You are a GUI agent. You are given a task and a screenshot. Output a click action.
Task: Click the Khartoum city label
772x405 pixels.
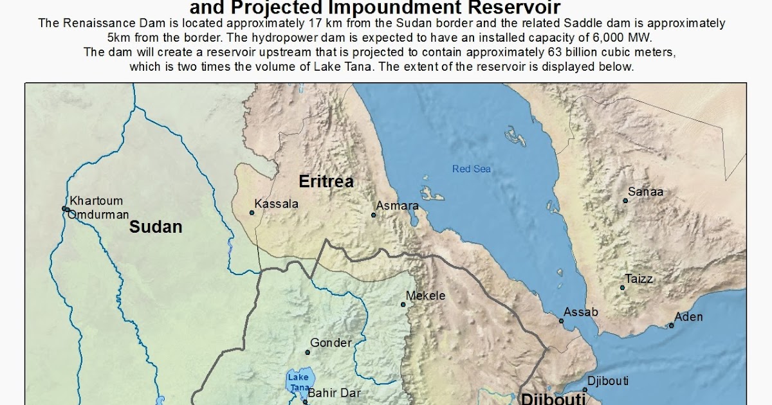[x=96, y=201]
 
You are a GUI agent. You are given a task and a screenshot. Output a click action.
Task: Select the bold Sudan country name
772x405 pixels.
[x=156, y=226]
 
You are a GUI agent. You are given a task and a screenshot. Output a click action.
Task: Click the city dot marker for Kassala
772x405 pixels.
[x=252, y=213]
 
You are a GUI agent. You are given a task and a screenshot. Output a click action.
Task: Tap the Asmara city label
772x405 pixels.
[x=398, y=206]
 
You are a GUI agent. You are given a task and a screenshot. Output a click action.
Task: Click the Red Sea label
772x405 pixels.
[x=472, y=169]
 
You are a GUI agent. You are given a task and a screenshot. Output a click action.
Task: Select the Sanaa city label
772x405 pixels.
[x=645, y=192]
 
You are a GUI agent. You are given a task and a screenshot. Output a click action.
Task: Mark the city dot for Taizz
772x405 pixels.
[x=622, y=287]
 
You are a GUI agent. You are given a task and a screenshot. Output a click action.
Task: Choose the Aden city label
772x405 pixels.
[x=688, y=317]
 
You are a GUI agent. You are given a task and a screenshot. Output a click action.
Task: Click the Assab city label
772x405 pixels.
[x=581, y=312]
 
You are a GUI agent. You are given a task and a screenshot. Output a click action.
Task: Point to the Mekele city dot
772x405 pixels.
[x=403, y=304]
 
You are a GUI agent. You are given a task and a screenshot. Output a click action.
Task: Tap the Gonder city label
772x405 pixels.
[x=331, y=343]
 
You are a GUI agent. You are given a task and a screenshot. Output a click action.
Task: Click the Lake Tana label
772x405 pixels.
[x=298, y=382]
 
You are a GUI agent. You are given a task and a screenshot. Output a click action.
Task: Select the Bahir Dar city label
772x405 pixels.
[x=334, y=393]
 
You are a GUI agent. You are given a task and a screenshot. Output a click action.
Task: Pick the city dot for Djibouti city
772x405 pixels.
[x=585, y=390]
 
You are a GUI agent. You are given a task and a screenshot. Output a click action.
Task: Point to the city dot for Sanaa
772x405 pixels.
[x=625, y=201]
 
